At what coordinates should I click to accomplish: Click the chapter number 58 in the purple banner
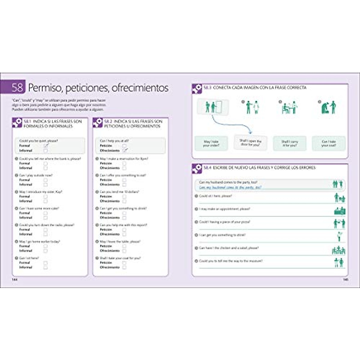coord(17,87)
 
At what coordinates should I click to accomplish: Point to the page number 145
coord(345,279)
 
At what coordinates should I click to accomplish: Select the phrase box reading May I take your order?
coord(211,143)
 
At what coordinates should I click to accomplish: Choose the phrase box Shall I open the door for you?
coord(250,142)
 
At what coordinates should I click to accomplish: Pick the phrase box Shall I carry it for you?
coord(289,143)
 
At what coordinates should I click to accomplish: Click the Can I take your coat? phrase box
coord(329,143)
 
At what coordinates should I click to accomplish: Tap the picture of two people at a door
coord(213,107)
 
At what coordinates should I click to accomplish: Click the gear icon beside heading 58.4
coord(197,169)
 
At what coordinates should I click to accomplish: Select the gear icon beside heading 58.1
coord(17,123)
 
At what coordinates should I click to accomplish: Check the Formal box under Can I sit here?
coord(46,263)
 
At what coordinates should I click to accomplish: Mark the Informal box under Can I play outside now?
coord(46,184)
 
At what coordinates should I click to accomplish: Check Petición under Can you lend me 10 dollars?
coord(124,196)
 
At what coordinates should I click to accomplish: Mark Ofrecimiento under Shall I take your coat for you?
coord(124,267)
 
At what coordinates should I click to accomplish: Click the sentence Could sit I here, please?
coord(215,196)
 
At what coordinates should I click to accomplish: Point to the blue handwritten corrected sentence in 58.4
coord(230,187)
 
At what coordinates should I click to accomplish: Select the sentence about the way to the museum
coord(231,261)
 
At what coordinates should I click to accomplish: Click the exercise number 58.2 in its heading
coord(108,121)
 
